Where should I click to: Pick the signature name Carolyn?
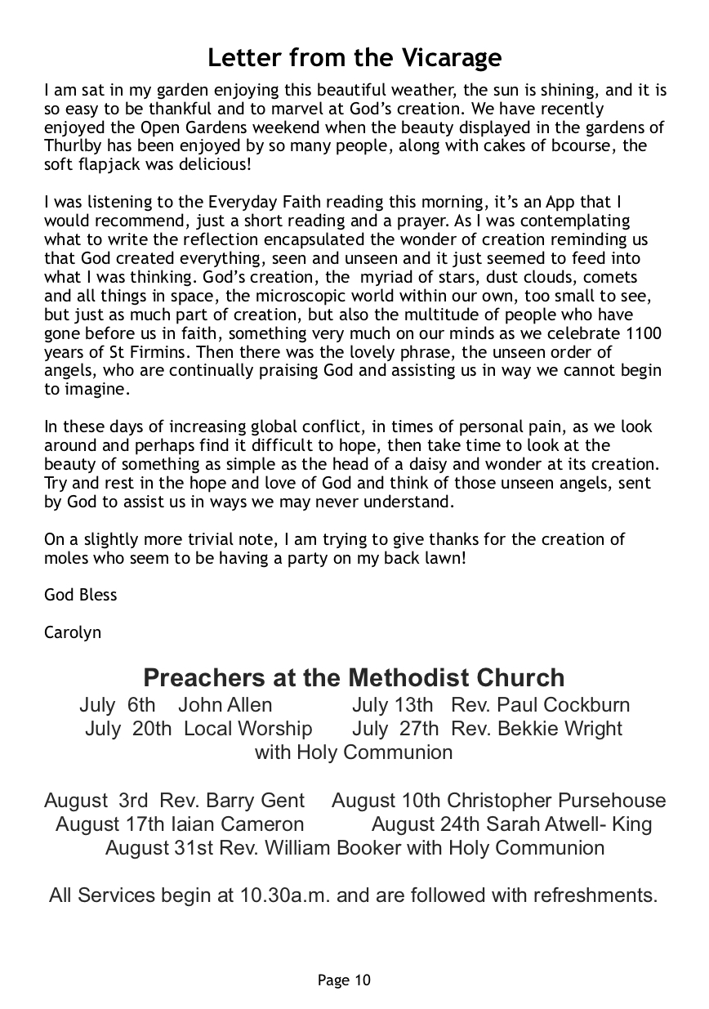click(x=73, y=632)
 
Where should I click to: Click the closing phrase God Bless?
click(x=81, y=595)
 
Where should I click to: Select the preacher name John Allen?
click(x=225, y=705)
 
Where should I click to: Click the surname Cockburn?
click(x=586, y=705)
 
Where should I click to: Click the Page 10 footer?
click(x=344, y=980)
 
